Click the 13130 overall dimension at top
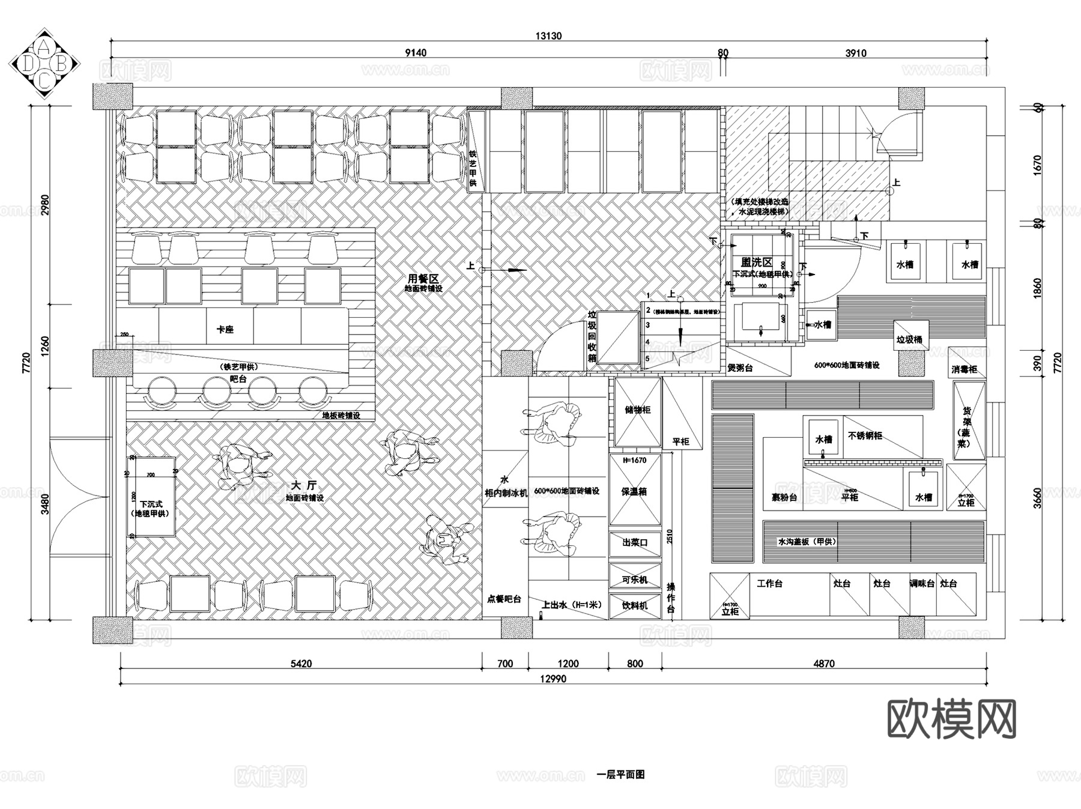tap(548, 36)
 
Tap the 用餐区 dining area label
tap(423, 279)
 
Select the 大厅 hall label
tap(303, 485)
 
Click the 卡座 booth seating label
tap(225, 329)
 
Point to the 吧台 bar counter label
tap(238, 379)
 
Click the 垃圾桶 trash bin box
tap(909, 339)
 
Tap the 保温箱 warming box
tap(634, 491)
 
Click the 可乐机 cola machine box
tap(635, 580)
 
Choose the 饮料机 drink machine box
tap(635, 605)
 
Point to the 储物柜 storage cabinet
tap(637, 410)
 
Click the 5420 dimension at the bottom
tap(301, 663)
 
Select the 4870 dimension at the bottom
tap(824, 663)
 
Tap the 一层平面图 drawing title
tap(620, 775)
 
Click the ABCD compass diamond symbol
tap(44, 64)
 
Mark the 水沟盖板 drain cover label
tap(807, 541)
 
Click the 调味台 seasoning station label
tap(921, 583)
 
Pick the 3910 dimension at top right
tap(855, 53)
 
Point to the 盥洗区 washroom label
tap(756, 262)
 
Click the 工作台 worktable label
tap(769, 583)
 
